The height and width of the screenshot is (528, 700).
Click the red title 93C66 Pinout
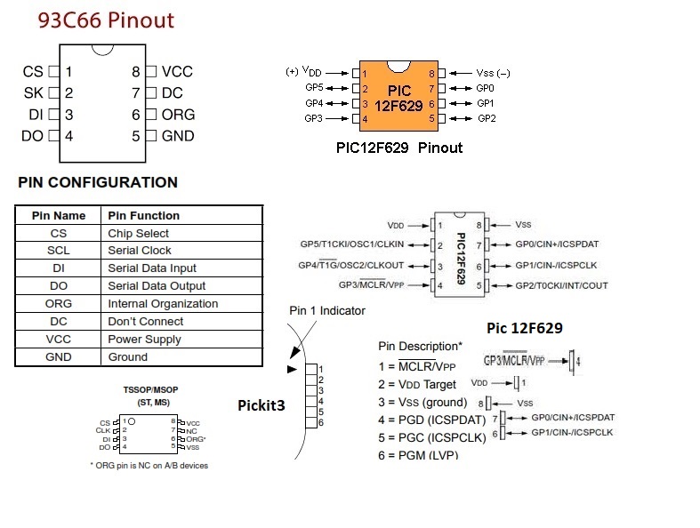click(x=106, y=20)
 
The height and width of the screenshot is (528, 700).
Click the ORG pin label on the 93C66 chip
click(x=177, y=115)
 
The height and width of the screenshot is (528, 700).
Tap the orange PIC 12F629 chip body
click(x=398, y=96)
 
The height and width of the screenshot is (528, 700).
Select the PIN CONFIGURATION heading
click(x=97, y=183)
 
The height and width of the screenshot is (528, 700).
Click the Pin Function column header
click(x=143, y=215)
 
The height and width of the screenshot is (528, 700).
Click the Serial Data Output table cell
click(x=157, y=286)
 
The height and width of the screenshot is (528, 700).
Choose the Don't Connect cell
click(x=146, y=322)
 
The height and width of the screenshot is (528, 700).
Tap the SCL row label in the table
click(x=59, y=251)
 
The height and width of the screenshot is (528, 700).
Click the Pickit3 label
click(x=261, y=404)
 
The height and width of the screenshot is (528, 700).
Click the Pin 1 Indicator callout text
click(x=327, y=311)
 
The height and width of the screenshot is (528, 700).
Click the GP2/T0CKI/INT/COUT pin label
click(x=561, y=286)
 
